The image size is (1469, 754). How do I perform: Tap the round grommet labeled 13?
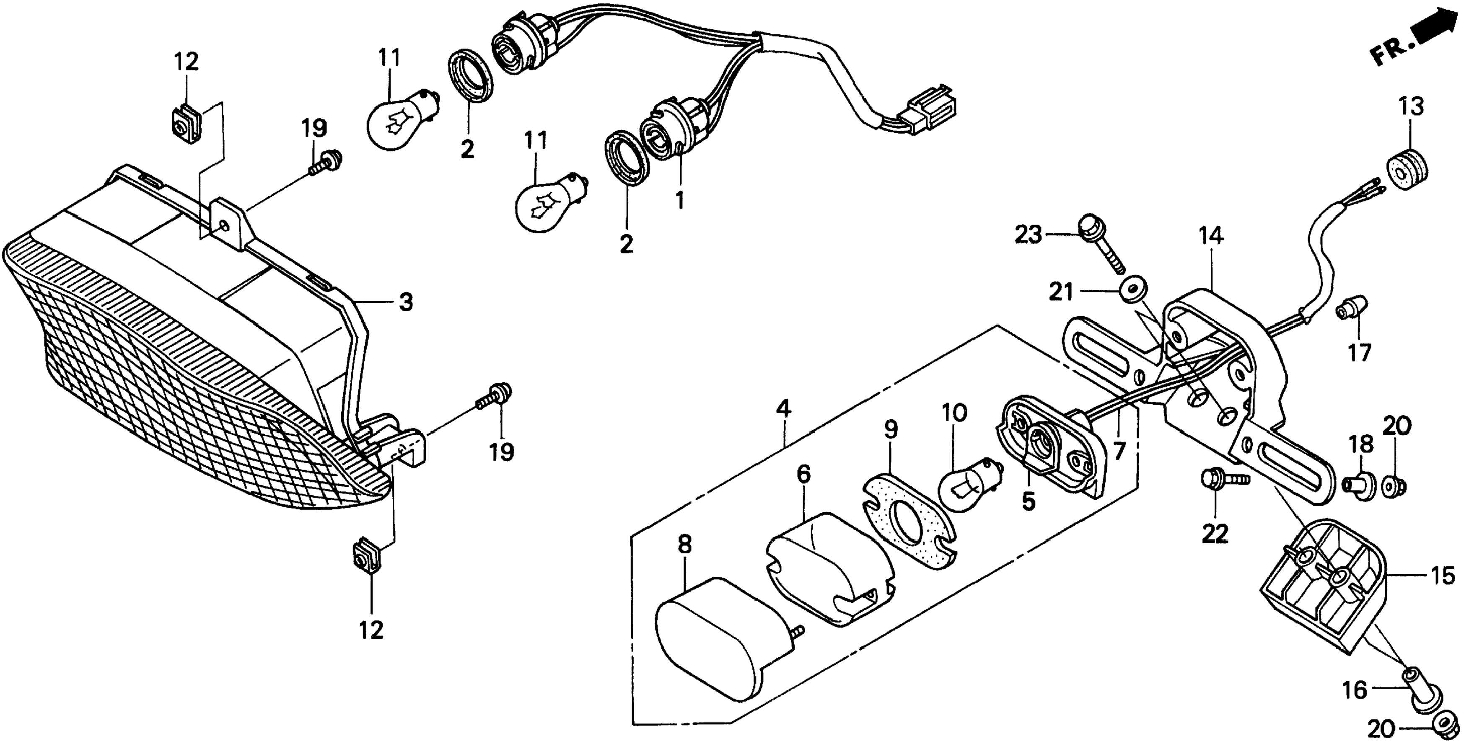1407,169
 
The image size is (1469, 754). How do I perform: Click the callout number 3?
405,302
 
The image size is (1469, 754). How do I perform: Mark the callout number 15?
1443,576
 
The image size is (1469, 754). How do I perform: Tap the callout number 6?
803,474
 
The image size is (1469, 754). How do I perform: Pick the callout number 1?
679,201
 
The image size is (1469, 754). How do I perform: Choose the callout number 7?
1119,451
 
